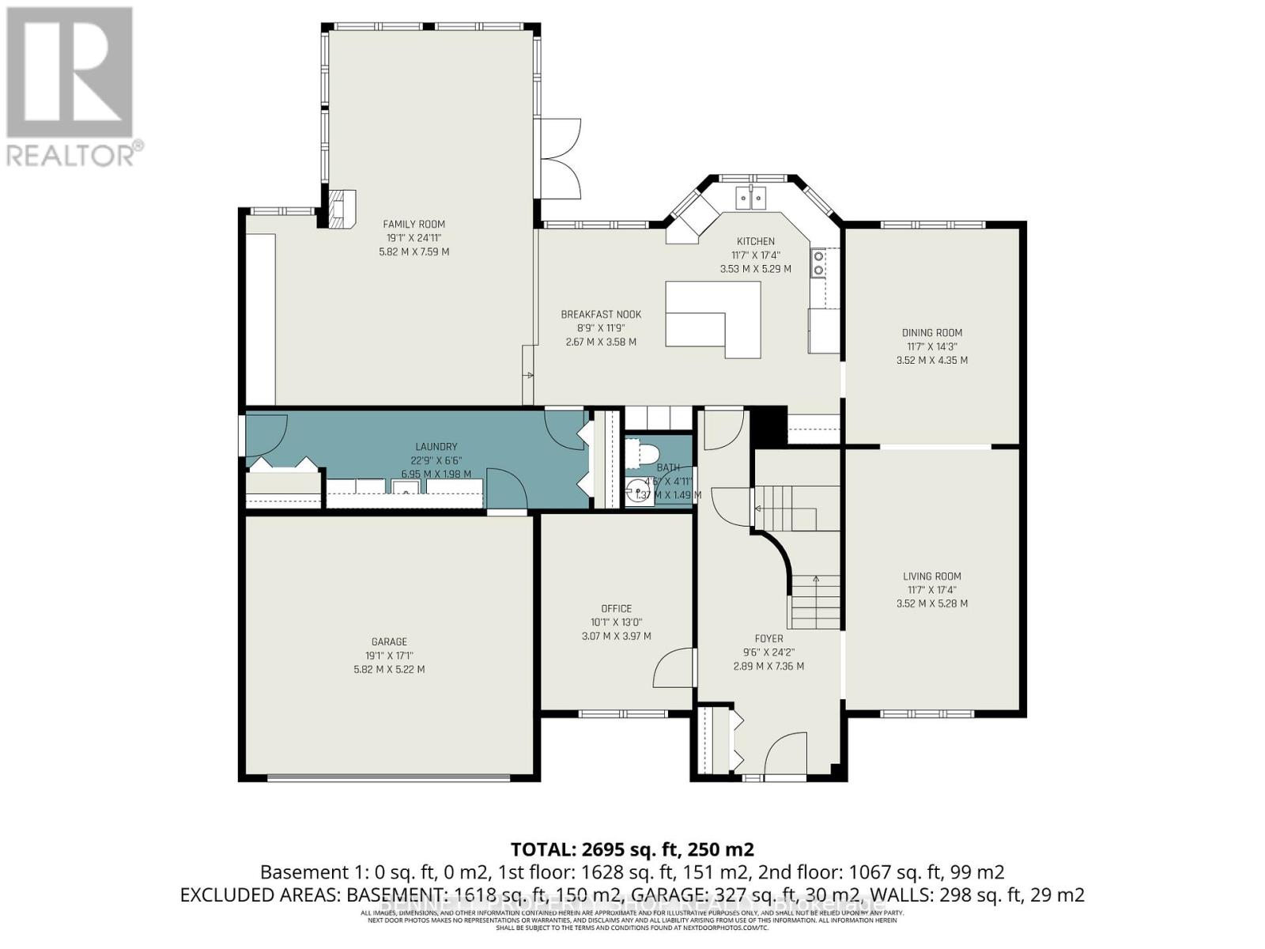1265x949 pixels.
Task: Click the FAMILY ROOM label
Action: pos(413,224)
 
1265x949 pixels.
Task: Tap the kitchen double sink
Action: pos(751,197)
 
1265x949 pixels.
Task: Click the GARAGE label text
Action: pos(389,641)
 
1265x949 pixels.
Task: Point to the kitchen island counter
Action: pos(712,320)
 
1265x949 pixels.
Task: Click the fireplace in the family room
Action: pos(341,210)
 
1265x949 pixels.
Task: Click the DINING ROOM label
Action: pos(932,333)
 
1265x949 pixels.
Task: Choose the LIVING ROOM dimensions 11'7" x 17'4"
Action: pos(932,590)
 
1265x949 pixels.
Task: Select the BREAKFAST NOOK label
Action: pos(601,314)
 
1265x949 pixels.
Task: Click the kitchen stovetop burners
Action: pos(818,263)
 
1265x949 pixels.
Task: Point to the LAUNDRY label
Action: pos(436,447)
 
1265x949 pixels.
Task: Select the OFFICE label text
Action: pos(616,608)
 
